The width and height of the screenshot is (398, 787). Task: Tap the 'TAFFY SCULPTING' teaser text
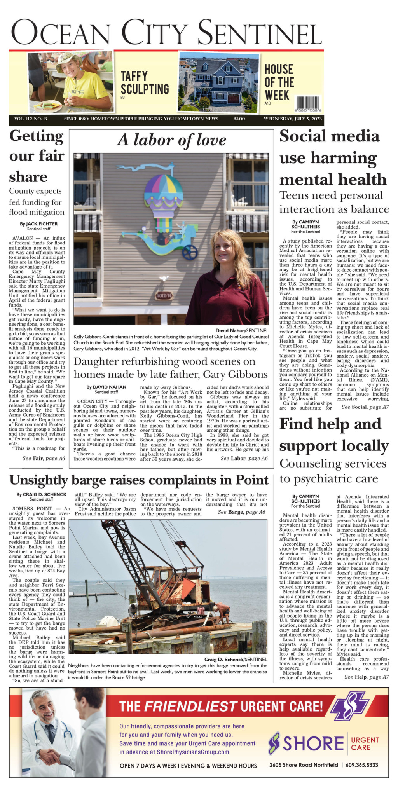pos(145,82)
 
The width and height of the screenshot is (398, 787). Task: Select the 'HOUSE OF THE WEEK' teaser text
pos(279,82)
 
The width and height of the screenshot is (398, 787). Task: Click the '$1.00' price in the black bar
pos(239,119)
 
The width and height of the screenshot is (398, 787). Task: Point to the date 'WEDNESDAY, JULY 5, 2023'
pos(293,119)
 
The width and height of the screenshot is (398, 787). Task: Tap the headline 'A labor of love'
pos(171,140)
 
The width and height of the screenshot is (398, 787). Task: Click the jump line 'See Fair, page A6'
pos(44,459)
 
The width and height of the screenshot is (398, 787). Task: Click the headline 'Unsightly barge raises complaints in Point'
pos(138,480)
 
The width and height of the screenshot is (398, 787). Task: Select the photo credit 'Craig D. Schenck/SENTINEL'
pos(236,660)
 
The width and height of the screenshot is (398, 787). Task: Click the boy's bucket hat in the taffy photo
pos(69,59)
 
